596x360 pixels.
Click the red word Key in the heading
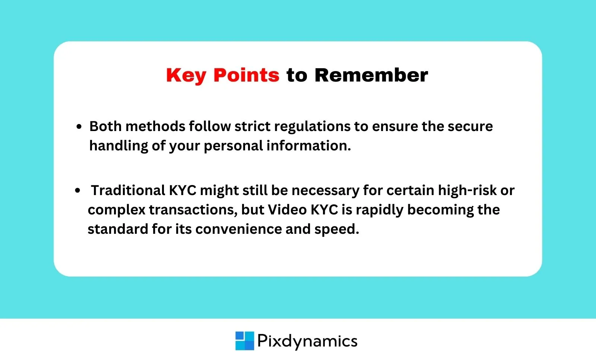(x=186, y=75)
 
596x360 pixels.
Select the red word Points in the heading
(x=246, y=75)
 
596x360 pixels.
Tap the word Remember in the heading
(x=371, y=75)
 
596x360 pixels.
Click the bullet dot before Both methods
(x=79, y=127)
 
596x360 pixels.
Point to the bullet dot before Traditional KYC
(x=77, y=191)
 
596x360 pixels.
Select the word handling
(x=118, y=146)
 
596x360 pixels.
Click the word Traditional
(x=128, y=191)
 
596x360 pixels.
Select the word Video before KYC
(x=287, y=210)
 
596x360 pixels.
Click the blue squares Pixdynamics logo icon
(x=245, y=341)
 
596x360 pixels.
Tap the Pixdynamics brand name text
(x=307, y=341)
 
